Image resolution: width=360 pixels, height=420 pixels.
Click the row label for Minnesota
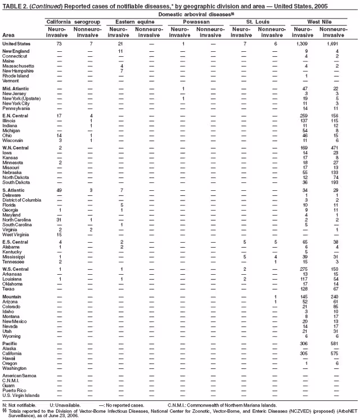point(13,162)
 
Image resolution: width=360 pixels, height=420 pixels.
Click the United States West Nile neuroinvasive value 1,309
point(303,43)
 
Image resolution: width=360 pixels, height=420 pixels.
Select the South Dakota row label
point(15,182)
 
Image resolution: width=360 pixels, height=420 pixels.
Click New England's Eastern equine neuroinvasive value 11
point(121,51)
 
